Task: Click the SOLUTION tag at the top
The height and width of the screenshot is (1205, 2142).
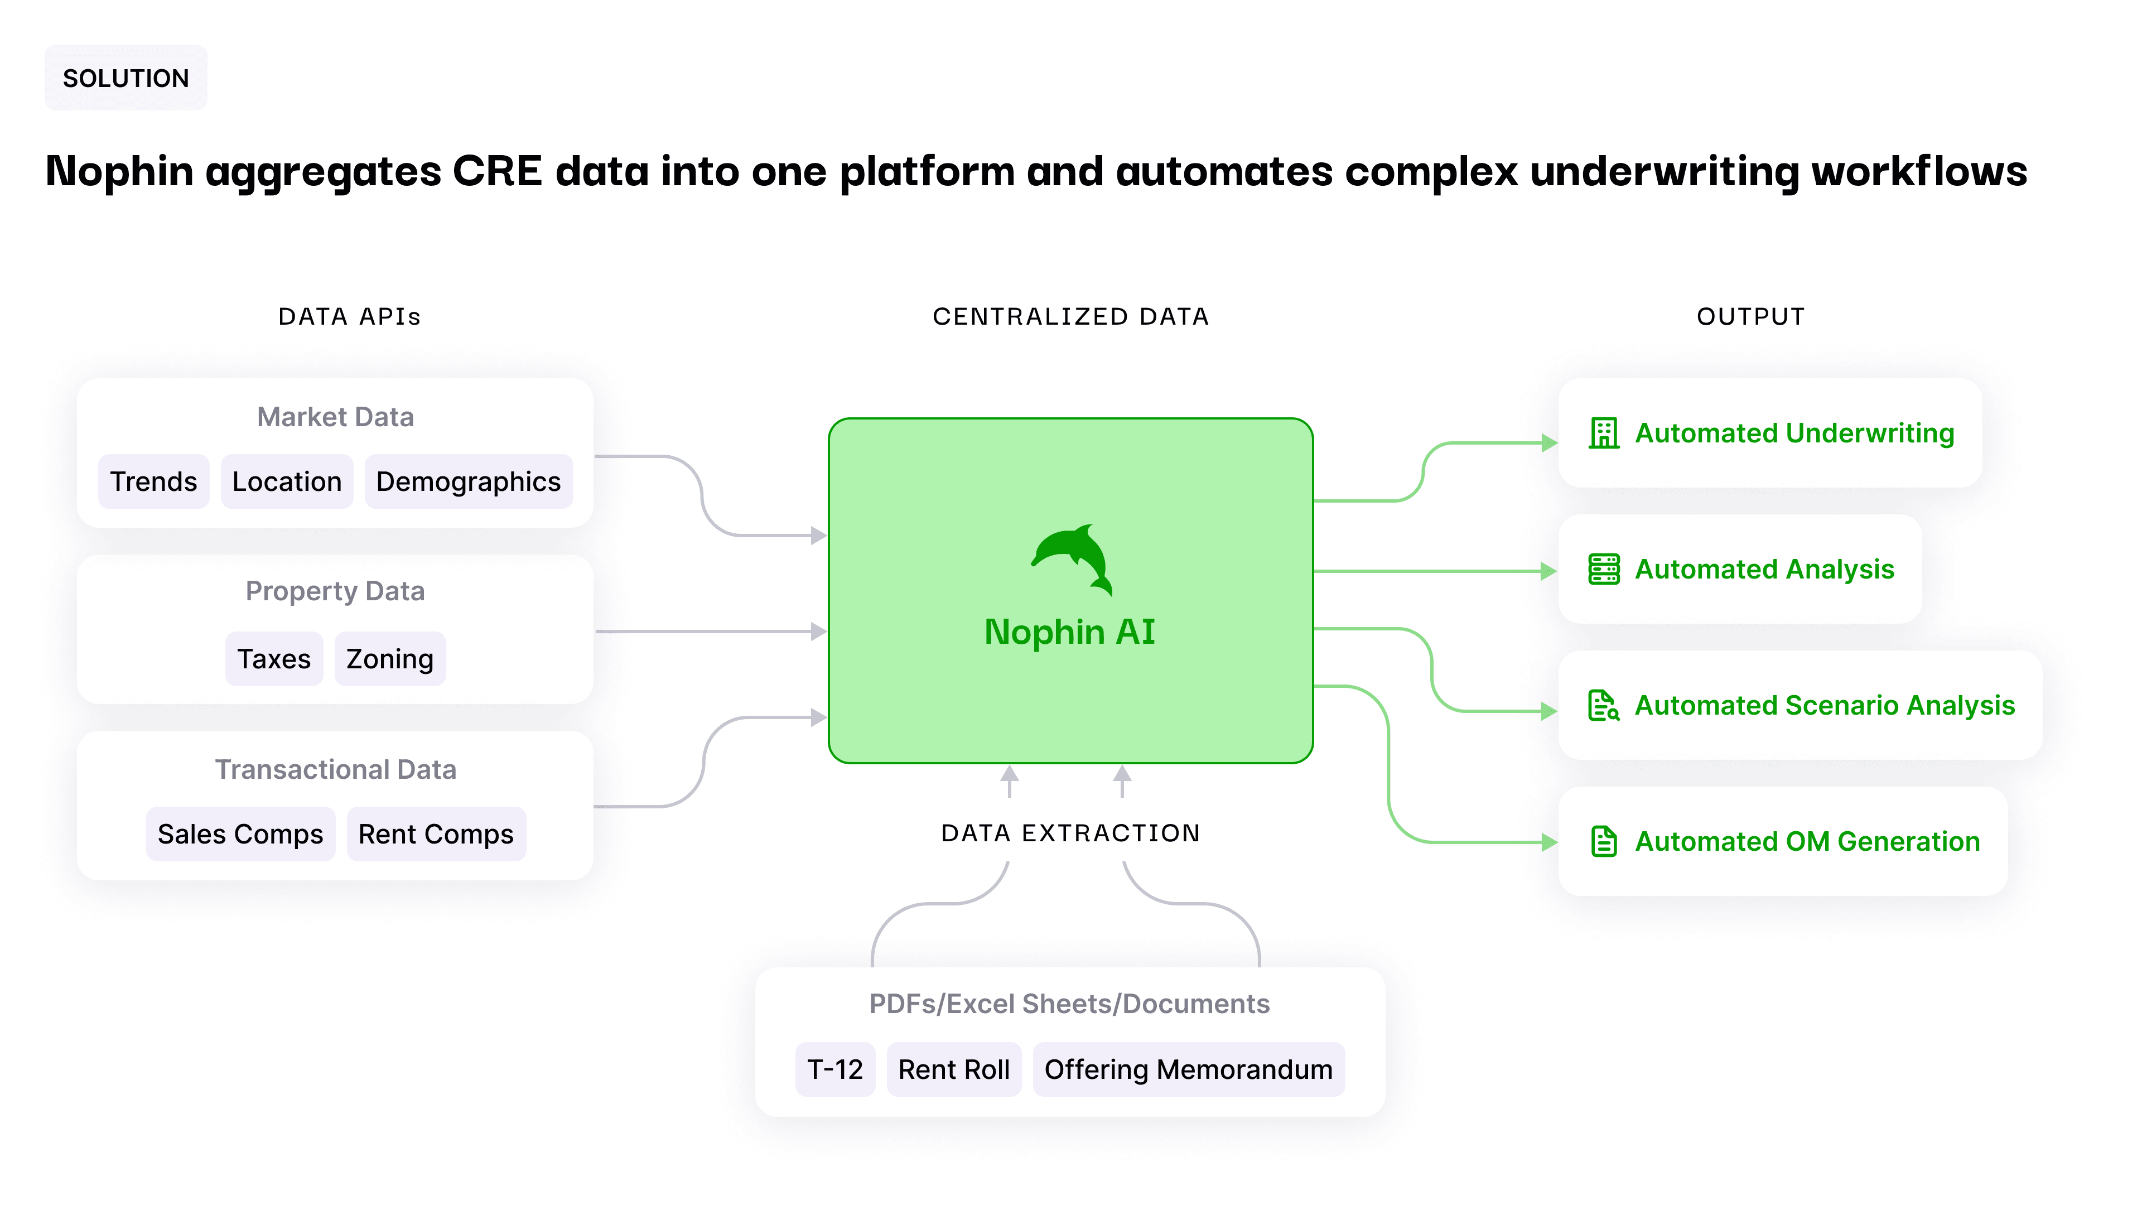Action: coord(126,78)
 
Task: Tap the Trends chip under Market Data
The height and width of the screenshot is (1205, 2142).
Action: coord(154,481)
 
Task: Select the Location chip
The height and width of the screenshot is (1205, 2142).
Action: coord(287,481)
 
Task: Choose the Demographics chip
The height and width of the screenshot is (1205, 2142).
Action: coord(468,481)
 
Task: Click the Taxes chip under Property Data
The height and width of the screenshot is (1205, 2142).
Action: coord(273,659)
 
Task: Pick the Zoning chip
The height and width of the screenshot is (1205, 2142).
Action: coord(390,659)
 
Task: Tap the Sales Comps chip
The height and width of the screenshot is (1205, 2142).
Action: coord(240,834)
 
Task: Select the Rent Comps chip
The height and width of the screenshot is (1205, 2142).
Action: coord(436,834)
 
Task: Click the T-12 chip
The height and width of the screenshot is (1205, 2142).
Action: coord(835,1069)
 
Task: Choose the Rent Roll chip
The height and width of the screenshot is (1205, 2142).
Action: coord(954,1069)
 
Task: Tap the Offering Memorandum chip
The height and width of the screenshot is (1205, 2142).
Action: coord(1188,1069)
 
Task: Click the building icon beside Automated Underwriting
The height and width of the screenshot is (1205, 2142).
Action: coord(1603,433)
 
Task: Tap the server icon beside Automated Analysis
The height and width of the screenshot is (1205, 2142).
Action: coord(1603,570)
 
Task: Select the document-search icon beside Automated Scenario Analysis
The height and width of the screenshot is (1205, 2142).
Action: coord(1603,705)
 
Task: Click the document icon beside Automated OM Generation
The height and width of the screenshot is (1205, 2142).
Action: coord(1603,842)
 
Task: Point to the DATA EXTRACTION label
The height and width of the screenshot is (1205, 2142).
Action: coord(1070,833)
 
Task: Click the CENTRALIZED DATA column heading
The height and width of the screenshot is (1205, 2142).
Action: coord(1070,317)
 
